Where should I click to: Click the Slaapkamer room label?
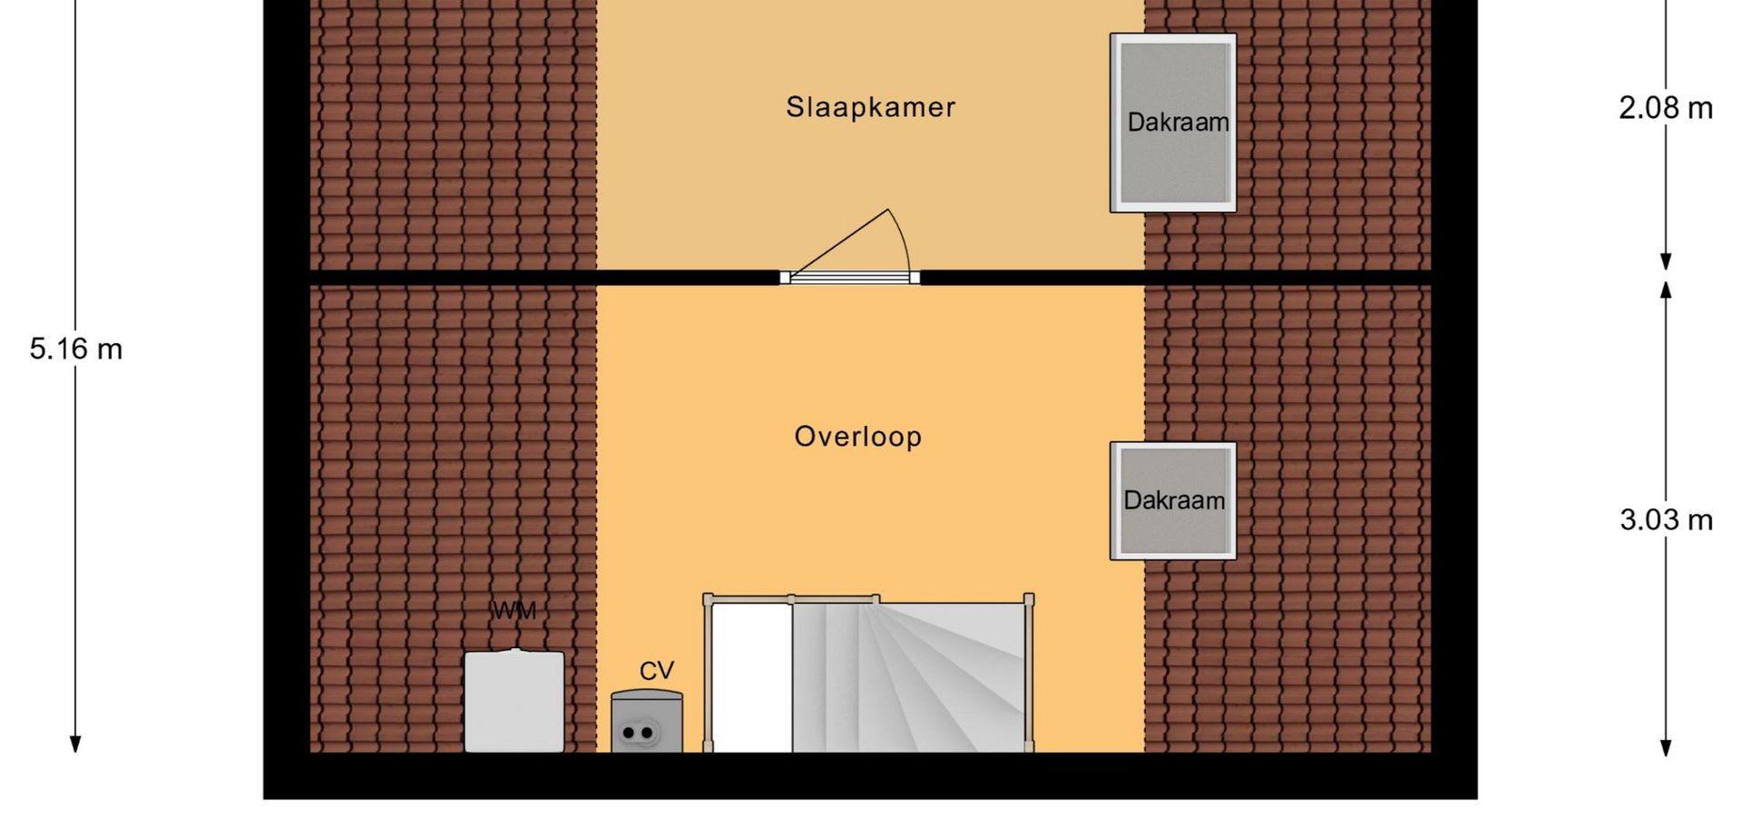click(x=870, y=107)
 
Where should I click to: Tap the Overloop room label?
click(x=858, y=437)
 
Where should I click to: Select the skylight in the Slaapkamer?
click(x=1173, y=123)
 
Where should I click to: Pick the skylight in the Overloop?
click(x=1173, y=501)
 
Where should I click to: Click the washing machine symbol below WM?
click(x=514, y=700)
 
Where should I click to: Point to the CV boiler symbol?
click(x=647, y=722)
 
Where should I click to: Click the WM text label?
click(x=514, y=611)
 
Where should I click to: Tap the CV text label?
click(x=657, y=671)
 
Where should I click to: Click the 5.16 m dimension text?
click(x=76, y=349)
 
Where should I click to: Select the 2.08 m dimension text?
click(x=1666, y=109)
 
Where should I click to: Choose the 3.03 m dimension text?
click(x=1666, y=520)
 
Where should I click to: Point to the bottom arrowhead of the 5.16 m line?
click(x=76, y=744)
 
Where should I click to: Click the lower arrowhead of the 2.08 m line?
click(x=1666, y=261)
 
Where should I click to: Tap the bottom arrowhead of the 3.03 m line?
click(x=1666, y=747)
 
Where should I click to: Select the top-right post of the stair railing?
click(x=1029, y=599)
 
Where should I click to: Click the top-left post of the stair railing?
click(x=709, y=599)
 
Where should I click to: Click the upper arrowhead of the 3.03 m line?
click(x=1666, y=290)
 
